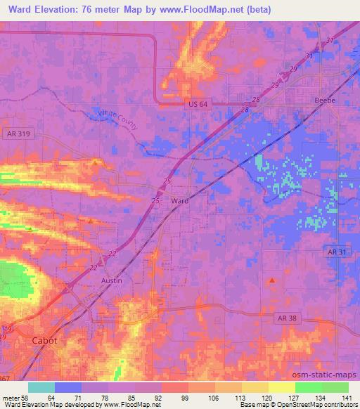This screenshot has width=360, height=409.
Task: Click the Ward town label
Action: [x=180, y=200]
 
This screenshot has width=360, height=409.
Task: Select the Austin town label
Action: [x=112, y=280]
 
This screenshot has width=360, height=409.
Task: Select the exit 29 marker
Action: [x=275, y=84]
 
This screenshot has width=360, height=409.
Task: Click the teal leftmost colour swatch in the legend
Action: [x=41, y=387]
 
